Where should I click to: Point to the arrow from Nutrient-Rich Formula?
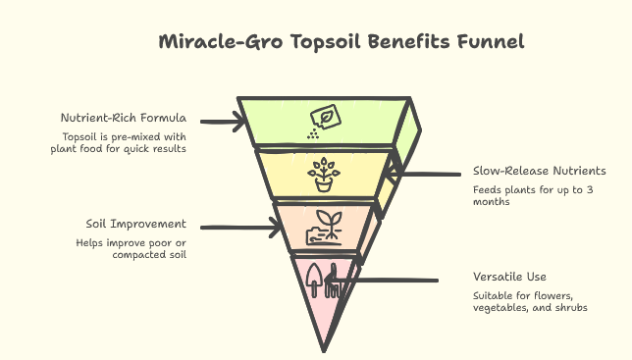(x=224, y=122)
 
